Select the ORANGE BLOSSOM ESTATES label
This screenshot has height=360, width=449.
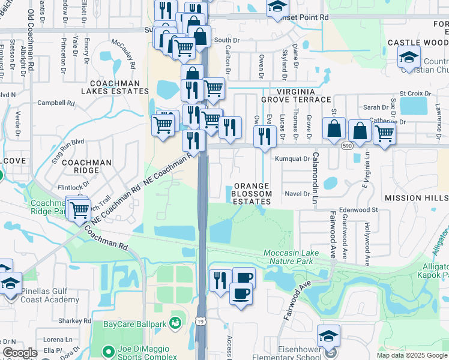[252, 194]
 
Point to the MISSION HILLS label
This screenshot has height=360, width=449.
[416, 197]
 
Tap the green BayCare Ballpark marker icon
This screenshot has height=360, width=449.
[176, 323]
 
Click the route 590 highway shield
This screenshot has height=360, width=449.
[346, 145]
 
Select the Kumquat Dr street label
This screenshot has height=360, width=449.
[292, 159]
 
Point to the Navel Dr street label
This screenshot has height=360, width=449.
[297, 193]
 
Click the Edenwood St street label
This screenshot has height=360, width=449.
[358, 210]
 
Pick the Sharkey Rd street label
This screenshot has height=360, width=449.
[75, 321]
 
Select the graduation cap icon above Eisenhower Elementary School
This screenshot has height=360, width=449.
[328, 336]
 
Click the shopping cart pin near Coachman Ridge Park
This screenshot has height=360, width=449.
[79, 210]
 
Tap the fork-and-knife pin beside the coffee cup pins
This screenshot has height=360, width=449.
[220, 280]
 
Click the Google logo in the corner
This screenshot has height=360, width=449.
[20, 353]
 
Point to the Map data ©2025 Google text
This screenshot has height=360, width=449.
[411, 355]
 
